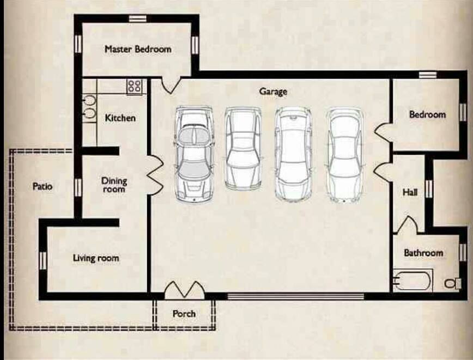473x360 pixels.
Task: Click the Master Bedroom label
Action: click(138, 49)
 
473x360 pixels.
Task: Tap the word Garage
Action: click(273, 91)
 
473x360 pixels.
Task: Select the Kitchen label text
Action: click(120, 118)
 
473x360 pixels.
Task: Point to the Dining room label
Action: click(114, 185)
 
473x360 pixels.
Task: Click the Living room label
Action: click(96, 258)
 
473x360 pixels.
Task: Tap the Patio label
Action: click(43, 186)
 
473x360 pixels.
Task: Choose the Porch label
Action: click(184, 314)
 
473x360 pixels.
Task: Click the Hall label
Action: click(410, 192)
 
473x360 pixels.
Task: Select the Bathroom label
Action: click(423, 253)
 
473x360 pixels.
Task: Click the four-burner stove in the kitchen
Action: click(134, 86)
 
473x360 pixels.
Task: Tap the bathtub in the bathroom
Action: click(412, 281)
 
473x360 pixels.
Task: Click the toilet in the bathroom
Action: click(453, 283)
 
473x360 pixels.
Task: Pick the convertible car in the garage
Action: click(195, 154)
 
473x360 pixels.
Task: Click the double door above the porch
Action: click(185, 290)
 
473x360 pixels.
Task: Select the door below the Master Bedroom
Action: click(171, 85)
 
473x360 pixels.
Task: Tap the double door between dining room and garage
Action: click(155, 175)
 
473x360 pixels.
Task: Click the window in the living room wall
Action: click(43, 260)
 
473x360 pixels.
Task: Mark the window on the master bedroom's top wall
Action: click(137, 19)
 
